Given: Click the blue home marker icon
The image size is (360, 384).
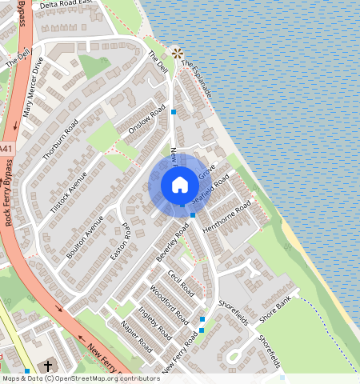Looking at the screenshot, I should coord(180,185).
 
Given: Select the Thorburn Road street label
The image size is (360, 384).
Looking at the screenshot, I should coord(61,139).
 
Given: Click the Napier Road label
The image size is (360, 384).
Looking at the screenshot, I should coord(136,336).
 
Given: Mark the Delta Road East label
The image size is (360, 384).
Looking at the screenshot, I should coord(66,3).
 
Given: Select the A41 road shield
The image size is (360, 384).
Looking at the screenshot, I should coord(6,150).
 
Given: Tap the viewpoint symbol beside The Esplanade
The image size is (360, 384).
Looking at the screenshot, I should coord(178,51).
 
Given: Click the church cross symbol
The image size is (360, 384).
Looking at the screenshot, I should coord(47,366).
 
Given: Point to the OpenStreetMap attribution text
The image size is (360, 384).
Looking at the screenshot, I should coord(80,378).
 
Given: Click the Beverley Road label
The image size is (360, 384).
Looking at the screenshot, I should coord(172,243).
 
